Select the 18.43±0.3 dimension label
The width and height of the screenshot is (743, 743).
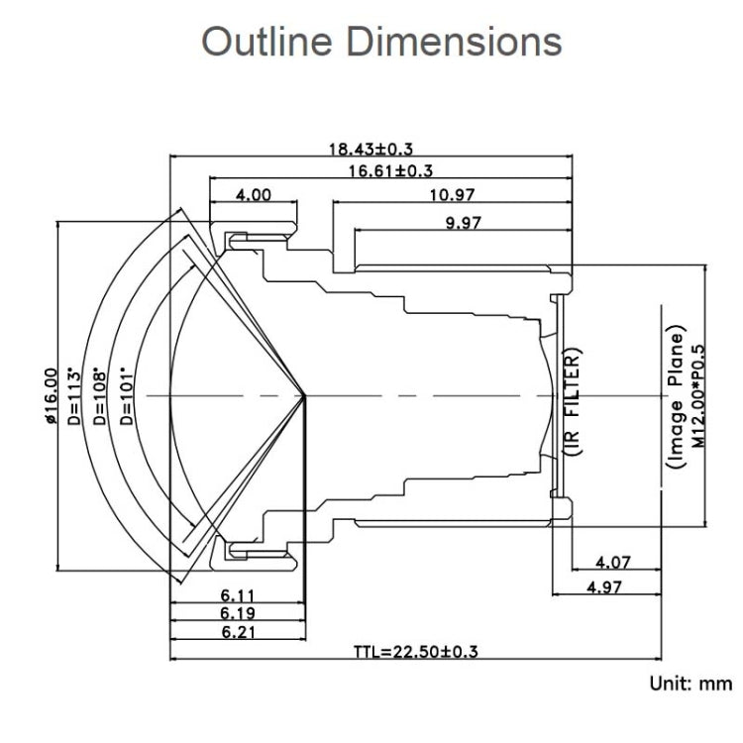[x=371, y=149]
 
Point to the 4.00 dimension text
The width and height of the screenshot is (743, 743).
[x=253, y=194]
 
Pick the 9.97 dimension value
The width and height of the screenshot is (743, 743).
[x=463, y=222]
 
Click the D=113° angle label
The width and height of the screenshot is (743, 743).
[x=75, y=395]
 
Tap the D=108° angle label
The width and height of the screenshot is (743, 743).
[x=99, y=396]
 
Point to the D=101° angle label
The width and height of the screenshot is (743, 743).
[x=126, y=396]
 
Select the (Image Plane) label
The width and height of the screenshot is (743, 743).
[x=676, y=395]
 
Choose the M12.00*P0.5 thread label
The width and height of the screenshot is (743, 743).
[x=697, y=395]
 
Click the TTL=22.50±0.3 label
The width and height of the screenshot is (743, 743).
[x=416, y=651]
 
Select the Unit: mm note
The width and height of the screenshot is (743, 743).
[x=690, y=684]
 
